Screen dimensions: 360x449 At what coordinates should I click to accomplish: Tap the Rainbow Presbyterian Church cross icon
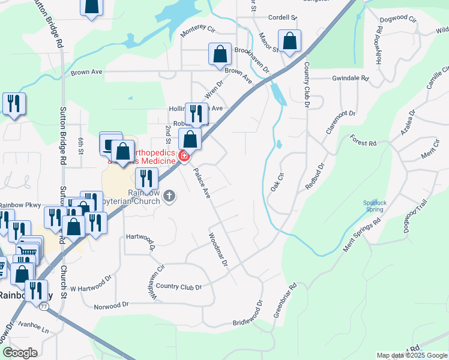pos(170,196)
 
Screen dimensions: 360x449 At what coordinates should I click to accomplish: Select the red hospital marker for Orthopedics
pos(184,157)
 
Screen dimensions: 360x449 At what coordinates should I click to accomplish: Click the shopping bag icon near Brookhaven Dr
pos(220,54)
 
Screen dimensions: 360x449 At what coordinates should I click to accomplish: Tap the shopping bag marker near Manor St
pos(289,41)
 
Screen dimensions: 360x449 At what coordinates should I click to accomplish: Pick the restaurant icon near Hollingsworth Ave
pos(196,112)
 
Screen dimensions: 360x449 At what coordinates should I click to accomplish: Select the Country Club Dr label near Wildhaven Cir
pos(179,286)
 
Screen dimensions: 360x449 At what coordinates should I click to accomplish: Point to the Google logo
pos(19,353)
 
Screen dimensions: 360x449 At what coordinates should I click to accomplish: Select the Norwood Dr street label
pos(112,305)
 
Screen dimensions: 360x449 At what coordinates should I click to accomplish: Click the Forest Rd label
pos(364,143)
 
